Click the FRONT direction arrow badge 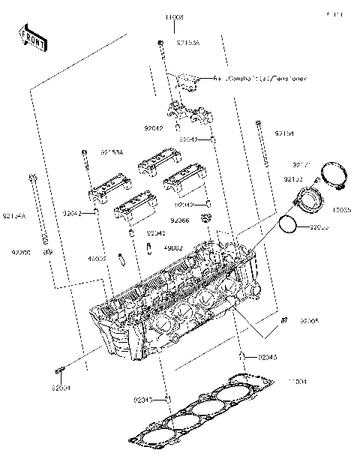pos(32,38)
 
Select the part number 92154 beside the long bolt pos(283,133)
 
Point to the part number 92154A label pos(14,216)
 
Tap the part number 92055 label pos(319,226)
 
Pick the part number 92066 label pos(179,220)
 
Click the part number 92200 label pos(21,253)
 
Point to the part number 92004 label pos(61,388)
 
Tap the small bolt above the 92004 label pos(60,370)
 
